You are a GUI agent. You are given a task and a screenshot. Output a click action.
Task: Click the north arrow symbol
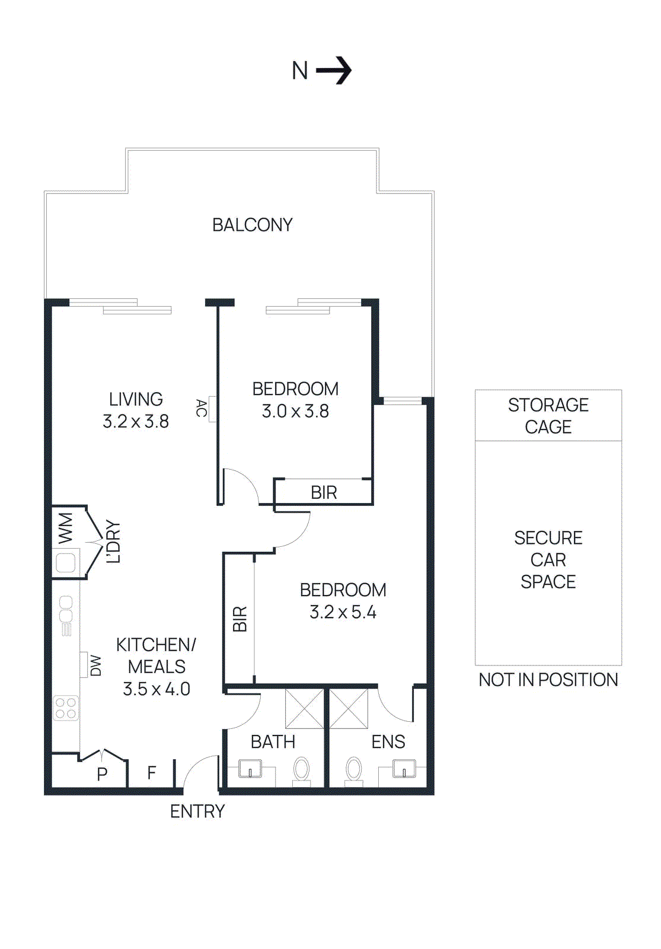(x=334, y=71)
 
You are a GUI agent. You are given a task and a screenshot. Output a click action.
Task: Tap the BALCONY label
(x=253, y=225)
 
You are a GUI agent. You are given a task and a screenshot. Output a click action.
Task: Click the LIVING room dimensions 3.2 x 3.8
(x=136, y=422)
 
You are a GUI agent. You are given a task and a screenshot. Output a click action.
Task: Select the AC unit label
(x=202, y=408)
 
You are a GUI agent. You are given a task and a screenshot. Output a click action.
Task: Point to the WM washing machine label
(x=65, y=528)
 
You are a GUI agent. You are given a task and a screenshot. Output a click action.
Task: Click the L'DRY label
(x=113, y=542)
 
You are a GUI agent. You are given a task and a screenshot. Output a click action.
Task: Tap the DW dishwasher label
(x=95, y=665)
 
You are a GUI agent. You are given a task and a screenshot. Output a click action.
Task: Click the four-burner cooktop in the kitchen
(x=66, y=708)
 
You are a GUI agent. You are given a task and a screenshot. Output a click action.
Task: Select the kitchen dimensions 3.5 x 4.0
(x=157, y=689)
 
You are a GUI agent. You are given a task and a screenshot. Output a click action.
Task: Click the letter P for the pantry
(x=102, y=774)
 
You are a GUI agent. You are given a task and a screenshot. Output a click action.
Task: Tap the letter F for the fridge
(x=152, y=772)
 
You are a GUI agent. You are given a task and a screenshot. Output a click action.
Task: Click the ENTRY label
(x=197, y=811)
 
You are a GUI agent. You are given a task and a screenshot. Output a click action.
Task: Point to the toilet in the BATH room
(x=302, y=770)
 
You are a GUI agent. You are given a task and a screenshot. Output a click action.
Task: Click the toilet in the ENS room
(x=354, y=770)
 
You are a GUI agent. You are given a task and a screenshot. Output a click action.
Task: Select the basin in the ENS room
(x=404, y=769)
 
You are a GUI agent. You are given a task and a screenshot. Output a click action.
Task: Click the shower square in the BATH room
(x=305, y=708)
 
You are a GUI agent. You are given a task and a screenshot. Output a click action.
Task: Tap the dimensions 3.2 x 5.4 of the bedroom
(x=343, y=612)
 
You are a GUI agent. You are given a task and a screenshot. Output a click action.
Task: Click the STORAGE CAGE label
(x=548, y=416)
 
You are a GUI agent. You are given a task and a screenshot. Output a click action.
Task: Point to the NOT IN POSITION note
(x=548, y=680)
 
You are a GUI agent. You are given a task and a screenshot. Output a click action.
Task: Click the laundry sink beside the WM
(x=65, y=562)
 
